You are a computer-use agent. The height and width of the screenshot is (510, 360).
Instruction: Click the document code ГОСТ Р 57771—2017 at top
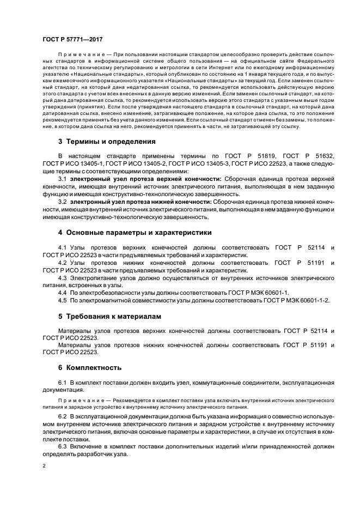(x=72, y=39)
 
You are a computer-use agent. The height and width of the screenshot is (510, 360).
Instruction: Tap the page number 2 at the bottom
(x=44, y=466)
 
